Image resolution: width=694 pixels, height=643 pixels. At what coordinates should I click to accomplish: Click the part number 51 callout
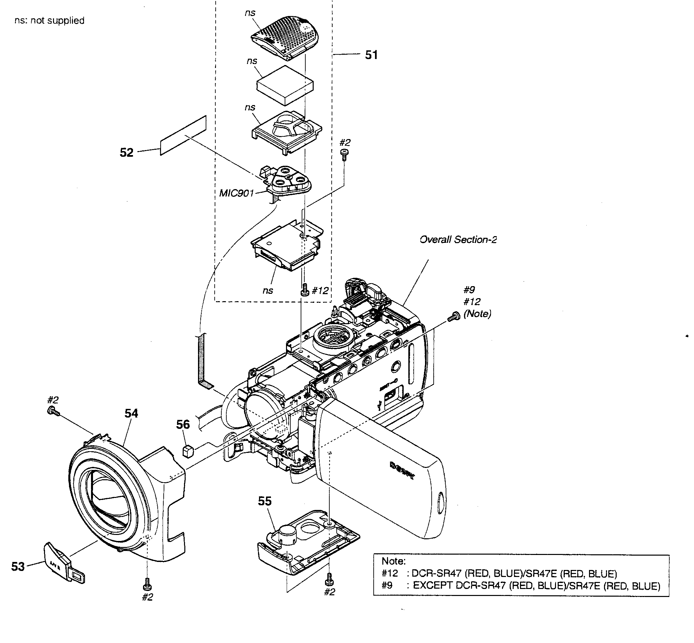click(x=371, y=55)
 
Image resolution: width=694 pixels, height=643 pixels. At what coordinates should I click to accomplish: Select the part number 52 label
click(x=127, y=153)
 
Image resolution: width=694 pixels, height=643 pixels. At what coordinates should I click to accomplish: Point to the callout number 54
click(x=131, y=413)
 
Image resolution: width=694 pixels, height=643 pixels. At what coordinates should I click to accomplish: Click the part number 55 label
click(x=264, y=501)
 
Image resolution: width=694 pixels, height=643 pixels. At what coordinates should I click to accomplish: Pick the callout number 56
click(x=183, y=425)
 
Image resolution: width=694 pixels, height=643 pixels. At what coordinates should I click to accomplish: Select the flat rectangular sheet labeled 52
click(x=183, y=136)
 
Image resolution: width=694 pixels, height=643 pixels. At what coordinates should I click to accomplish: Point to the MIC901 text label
click(x=236, y=193)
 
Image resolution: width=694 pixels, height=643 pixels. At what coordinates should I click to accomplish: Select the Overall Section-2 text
click(x=458, y=240)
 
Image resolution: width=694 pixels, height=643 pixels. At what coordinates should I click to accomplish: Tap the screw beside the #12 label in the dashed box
click(x=305, y=289)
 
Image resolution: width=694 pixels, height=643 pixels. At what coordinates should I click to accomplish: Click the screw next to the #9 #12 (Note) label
click(x=453, y=317)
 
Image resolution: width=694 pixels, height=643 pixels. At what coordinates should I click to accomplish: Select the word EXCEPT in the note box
click(x=433, y=586)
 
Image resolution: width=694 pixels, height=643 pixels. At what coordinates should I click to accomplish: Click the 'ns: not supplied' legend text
click(x=49, y=21)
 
